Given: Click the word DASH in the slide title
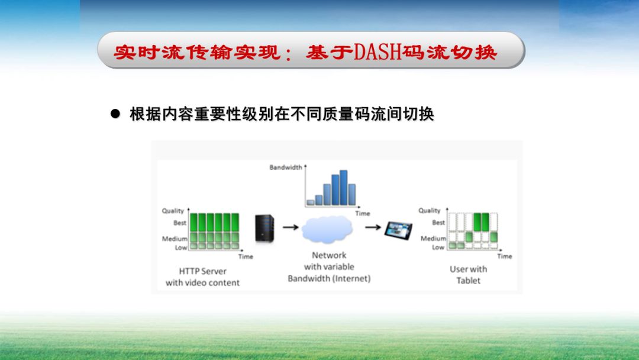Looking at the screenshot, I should [x=376, y=52].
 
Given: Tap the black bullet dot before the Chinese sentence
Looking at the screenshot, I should [x=116, y=114].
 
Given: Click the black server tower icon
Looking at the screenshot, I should [x=264, y=228].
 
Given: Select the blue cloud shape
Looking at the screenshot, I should [x=327, y=230].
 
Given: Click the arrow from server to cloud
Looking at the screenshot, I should [x=290, y=226].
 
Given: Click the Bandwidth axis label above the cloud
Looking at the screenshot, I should [x=285, y=168].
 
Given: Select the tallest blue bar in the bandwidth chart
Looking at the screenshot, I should [x=344, y=188].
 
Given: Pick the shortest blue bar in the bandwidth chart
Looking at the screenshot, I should [x=311, y=202].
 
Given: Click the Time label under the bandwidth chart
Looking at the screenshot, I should [x=362, y=213].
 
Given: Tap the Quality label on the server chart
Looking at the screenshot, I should [x=173, y=211].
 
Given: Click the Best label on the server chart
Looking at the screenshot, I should [x=180, y=223].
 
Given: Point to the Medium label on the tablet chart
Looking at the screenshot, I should [x=433, y=239].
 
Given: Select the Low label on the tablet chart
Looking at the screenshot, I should [x=438, y=247].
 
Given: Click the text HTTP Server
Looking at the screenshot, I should [x=202, y=271].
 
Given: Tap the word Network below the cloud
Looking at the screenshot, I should [x=329, y=255].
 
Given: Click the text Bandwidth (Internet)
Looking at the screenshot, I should [x=329, y=278].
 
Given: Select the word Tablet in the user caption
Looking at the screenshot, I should [x=468, y=281].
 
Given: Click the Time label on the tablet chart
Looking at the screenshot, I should [x=504, y=256].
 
